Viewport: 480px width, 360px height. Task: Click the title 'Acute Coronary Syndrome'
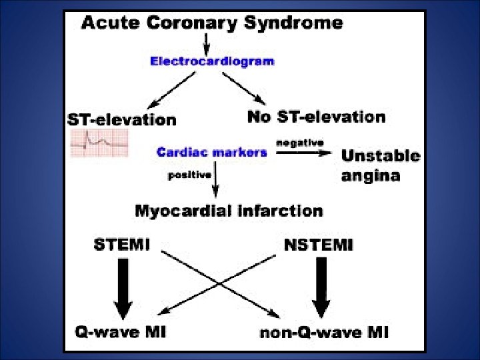(x=211, y=23)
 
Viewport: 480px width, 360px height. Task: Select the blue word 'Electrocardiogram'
(x=211, y=61)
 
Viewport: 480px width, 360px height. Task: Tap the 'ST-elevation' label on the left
(x=122, y=120)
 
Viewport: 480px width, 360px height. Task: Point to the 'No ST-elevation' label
(x=316, y=117)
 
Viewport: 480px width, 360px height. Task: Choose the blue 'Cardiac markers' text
(x=211, y=152)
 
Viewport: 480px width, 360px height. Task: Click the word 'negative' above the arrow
(x=300, y=142)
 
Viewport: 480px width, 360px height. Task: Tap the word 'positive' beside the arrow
(x=189, y=175)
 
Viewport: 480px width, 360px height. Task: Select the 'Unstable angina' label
(x=380, y=165)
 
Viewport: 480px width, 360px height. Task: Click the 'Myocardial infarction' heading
(x=229, y=211)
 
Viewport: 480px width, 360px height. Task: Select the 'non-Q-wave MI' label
(x=325, y=331)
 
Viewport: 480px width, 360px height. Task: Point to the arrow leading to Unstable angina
(x=303, y=153)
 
